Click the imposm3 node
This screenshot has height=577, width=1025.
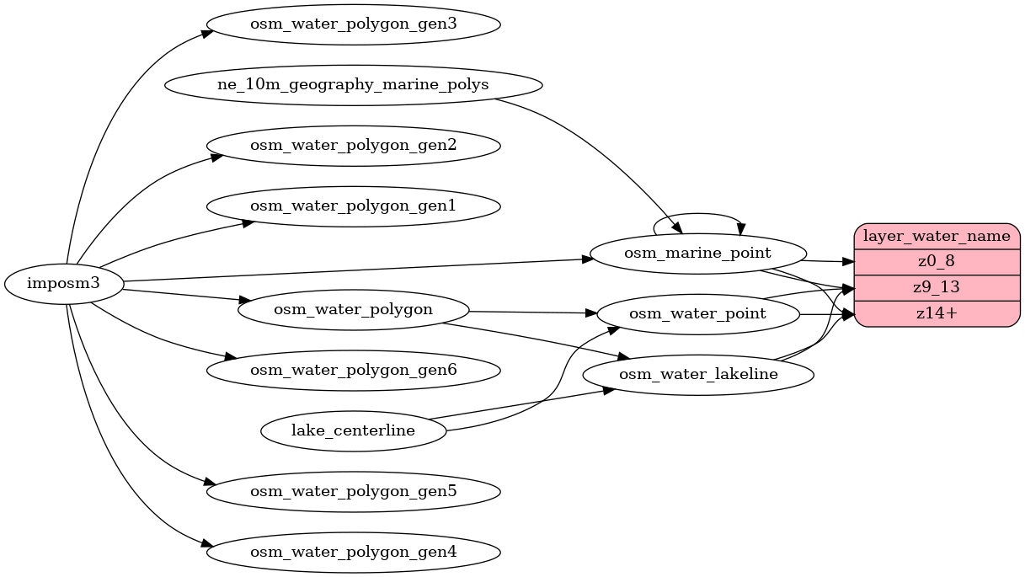click(64, 283)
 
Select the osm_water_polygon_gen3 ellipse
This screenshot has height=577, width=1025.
click(353, 24)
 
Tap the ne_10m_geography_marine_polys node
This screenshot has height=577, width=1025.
click(353, 85)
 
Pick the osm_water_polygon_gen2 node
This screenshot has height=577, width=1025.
click(353, 146)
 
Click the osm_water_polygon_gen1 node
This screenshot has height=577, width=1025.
click(353, 206)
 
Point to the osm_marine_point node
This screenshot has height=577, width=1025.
click(698, 253)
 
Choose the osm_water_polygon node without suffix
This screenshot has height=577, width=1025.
click(353, 309)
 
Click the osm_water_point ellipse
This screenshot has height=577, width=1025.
click(698, 314)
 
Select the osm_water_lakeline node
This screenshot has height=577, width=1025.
click(698, 374)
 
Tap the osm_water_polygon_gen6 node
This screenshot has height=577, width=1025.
click(353, 370)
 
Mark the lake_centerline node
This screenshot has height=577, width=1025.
click(353, 431)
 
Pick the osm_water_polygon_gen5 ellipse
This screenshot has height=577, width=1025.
click(353, 491)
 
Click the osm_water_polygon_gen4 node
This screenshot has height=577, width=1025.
click(353, 553)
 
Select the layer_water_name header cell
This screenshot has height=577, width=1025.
click(937, 237)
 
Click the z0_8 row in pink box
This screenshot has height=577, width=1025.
click(937, 261)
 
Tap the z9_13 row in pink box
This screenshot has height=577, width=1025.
click(937, 287)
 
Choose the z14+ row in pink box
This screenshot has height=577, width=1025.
click(937, 313)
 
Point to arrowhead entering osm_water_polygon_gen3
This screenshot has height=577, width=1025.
click(205, 34)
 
